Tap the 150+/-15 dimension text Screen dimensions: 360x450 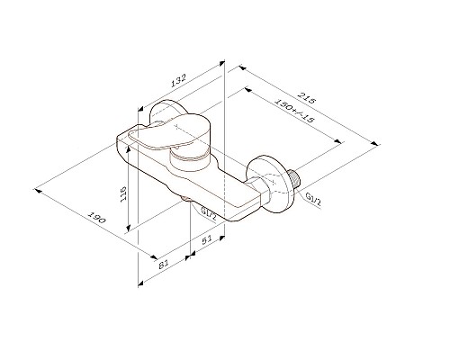(x=293, y=110)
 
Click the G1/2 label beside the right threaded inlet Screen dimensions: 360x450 (x=313, y=196)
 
